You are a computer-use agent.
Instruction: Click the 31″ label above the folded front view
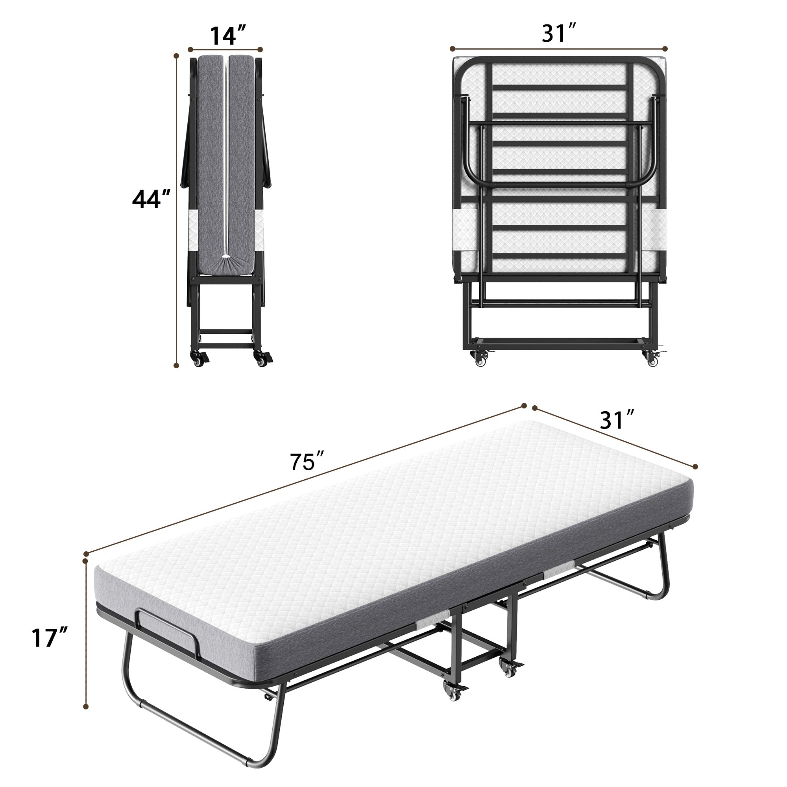[559, 33]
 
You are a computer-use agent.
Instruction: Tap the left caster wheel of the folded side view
[199, 359]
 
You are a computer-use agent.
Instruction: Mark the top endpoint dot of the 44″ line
[176, 56]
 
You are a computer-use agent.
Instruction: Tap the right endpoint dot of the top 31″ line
[666, 48]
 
